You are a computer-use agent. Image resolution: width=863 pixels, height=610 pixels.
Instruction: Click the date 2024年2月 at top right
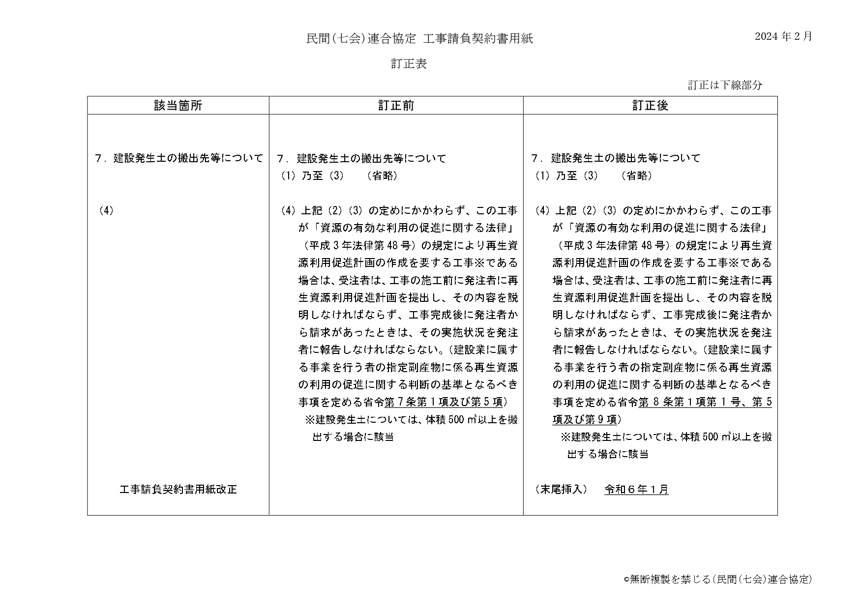783,36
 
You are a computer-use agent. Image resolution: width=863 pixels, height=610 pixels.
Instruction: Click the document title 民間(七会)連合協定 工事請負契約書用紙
419,39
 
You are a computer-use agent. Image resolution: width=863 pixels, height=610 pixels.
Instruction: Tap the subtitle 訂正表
409,64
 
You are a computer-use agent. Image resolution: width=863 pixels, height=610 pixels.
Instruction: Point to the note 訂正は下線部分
725,85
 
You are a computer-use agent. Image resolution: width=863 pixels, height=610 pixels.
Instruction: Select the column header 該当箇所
178,106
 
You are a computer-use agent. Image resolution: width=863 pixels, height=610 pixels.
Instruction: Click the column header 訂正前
396,106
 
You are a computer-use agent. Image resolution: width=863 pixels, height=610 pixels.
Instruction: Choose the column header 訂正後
650,106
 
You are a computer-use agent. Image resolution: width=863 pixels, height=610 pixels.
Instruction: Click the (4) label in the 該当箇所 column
106,210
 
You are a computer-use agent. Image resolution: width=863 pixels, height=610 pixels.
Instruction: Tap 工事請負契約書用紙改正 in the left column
178,490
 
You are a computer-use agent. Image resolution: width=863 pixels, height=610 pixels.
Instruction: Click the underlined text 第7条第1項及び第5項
444,402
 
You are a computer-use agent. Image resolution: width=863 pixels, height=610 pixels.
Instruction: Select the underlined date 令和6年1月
636,490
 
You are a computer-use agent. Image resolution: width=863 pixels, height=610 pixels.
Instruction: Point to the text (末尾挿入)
561,490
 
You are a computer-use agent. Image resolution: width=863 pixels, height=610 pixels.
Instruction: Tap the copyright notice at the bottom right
718,580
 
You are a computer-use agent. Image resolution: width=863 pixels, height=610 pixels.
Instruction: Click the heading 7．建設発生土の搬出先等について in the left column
179,158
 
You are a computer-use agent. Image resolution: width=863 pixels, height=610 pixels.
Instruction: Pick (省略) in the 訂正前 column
382,175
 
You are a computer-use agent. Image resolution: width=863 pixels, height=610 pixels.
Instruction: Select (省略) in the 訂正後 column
637,175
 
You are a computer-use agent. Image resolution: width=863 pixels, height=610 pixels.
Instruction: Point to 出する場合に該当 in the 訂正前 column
353,437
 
